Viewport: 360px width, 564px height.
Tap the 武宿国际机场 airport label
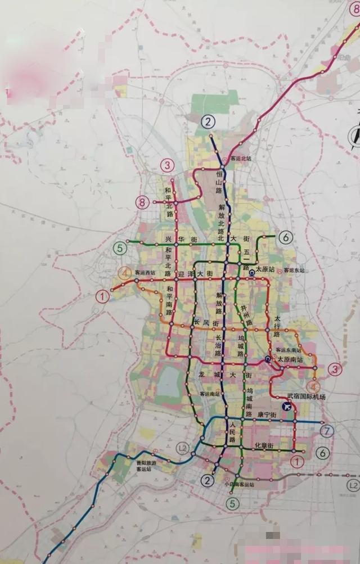(x=306, y=397)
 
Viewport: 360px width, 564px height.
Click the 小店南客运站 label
(x=238, y=484)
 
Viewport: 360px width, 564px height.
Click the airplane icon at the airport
(x=287, y=406)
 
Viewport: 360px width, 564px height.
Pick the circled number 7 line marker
(x=328, y=431)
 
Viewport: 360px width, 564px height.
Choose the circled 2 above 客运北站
(x=209, y=120)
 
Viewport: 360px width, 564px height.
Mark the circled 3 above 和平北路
(x=167, y=165)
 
